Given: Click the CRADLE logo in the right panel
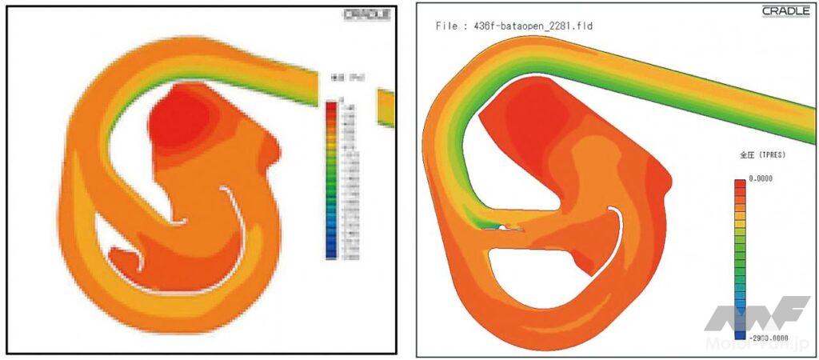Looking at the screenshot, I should [x=785, y=11].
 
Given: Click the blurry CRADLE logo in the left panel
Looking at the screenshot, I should [x=366, y=14].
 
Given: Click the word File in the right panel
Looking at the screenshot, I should [x=448, y=26].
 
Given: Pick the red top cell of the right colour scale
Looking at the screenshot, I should [x=739, y=185].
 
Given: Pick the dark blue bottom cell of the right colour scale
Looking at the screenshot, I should [x=739, y=336].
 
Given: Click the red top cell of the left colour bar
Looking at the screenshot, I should [x=330, y=106].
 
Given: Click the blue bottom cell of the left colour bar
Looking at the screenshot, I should [x=330, y=254].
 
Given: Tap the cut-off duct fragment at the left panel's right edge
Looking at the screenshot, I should [x=386, y=108].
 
